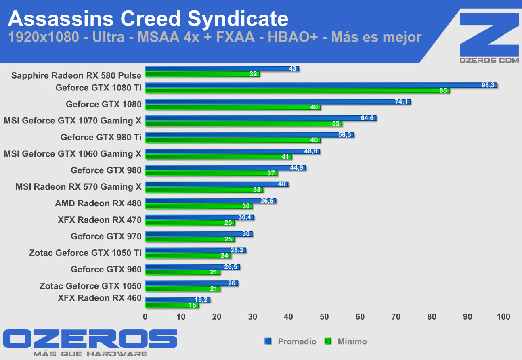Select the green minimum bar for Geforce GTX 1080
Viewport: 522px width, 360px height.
[x=233, y=107]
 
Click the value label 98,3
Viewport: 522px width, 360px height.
[x=488, y=85]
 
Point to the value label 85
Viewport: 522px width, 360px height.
[x=443, y=91]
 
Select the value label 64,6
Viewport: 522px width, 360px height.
[x=367, y=118]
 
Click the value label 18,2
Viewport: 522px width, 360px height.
[x=201, y=300]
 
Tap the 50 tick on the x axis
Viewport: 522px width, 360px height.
[x=324, y=317]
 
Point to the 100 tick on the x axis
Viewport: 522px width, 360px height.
[x=503, y=317]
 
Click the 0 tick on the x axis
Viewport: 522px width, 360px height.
[x=145, y=317]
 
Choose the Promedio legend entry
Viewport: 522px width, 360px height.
[x=297, y=341]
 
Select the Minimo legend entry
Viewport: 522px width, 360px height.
[x=352, y=341]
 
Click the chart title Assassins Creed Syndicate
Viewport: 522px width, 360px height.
[x=148, y=19]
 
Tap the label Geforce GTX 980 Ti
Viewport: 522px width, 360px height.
[x=101, y=137]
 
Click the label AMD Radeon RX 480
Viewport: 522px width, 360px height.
[x=98, y=203]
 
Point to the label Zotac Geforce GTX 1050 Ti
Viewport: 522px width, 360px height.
[x=85, y=253]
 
